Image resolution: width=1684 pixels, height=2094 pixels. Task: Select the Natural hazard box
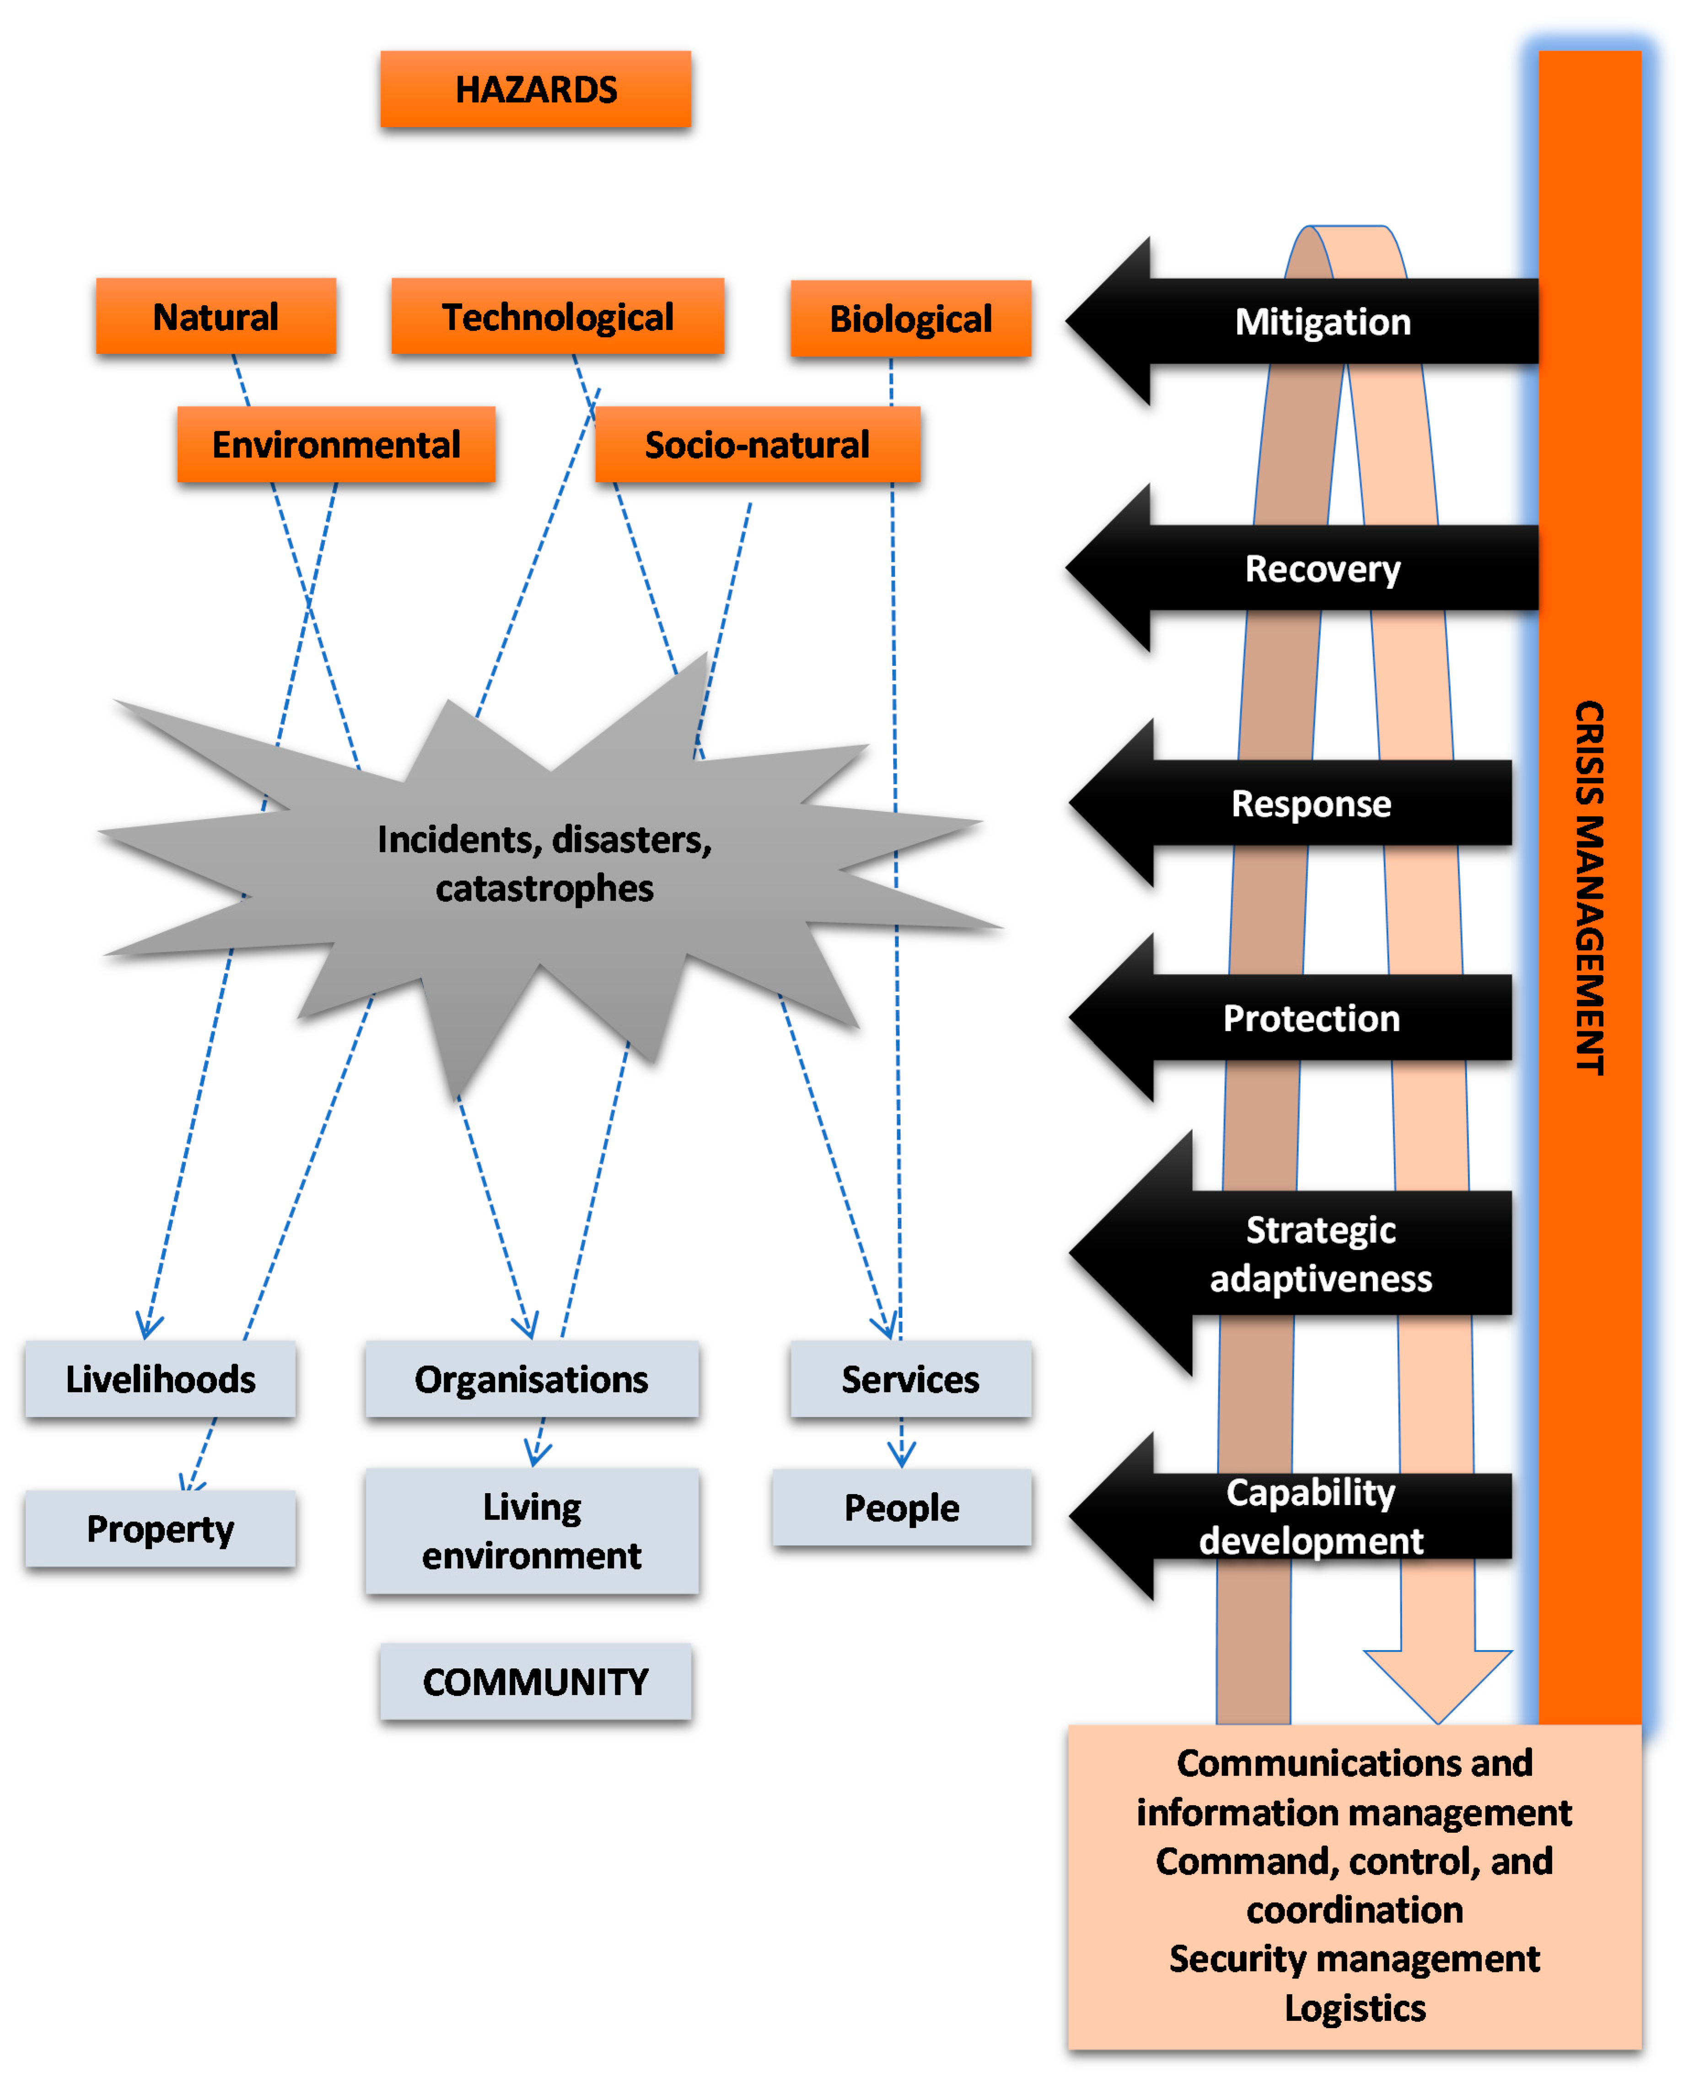pos(215,317)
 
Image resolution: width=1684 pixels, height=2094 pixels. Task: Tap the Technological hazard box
pos(558,317)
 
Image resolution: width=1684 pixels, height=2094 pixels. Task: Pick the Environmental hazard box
pos(336,445)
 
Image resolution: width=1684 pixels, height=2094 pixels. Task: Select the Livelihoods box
pos(160,1379)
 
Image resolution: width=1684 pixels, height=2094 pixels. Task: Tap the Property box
pos(160,1529)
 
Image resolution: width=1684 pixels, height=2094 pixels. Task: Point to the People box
pos(901,1507)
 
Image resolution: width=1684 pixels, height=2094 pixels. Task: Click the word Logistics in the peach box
pos(1355,2008)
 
